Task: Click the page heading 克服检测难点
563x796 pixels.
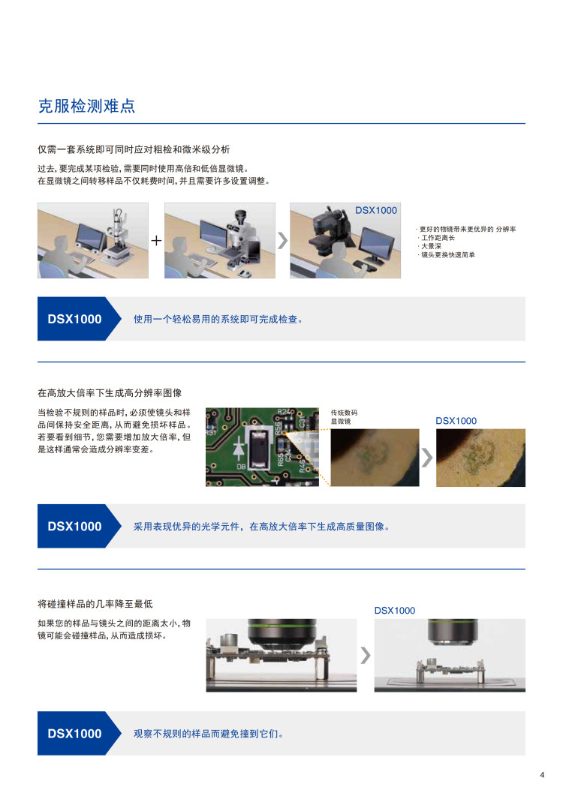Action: click(87, 106)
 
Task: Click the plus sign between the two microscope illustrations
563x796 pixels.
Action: click(156, 241)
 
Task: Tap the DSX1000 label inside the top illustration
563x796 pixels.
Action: click(376, 210)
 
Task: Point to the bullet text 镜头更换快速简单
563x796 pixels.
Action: click(448, 255)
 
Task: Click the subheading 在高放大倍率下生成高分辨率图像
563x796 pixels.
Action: click(110, 393)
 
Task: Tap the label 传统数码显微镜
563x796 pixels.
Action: click(344, 417)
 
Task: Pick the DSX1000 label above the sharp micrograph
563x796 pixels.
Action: click(456, 421)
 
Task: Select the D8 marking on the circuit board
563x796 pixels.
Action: click(242, 466)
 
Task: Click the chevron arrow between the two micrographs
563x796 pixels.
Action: click(427, 458)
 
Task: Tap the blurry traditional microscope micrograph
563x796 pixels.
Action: click(375, 458)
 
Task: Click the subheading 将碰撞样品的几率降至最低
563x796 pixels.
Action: click(95, 604)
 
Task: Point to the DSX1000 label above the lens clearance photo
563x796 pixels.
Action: click(395, 611)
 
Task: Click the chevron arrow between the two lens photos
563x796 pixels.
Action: click(366, 656)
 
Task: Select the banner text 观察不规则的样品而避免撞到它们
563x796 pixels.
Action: click(209, 734)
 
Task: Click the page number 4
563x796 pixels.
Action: click(542, 775)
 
